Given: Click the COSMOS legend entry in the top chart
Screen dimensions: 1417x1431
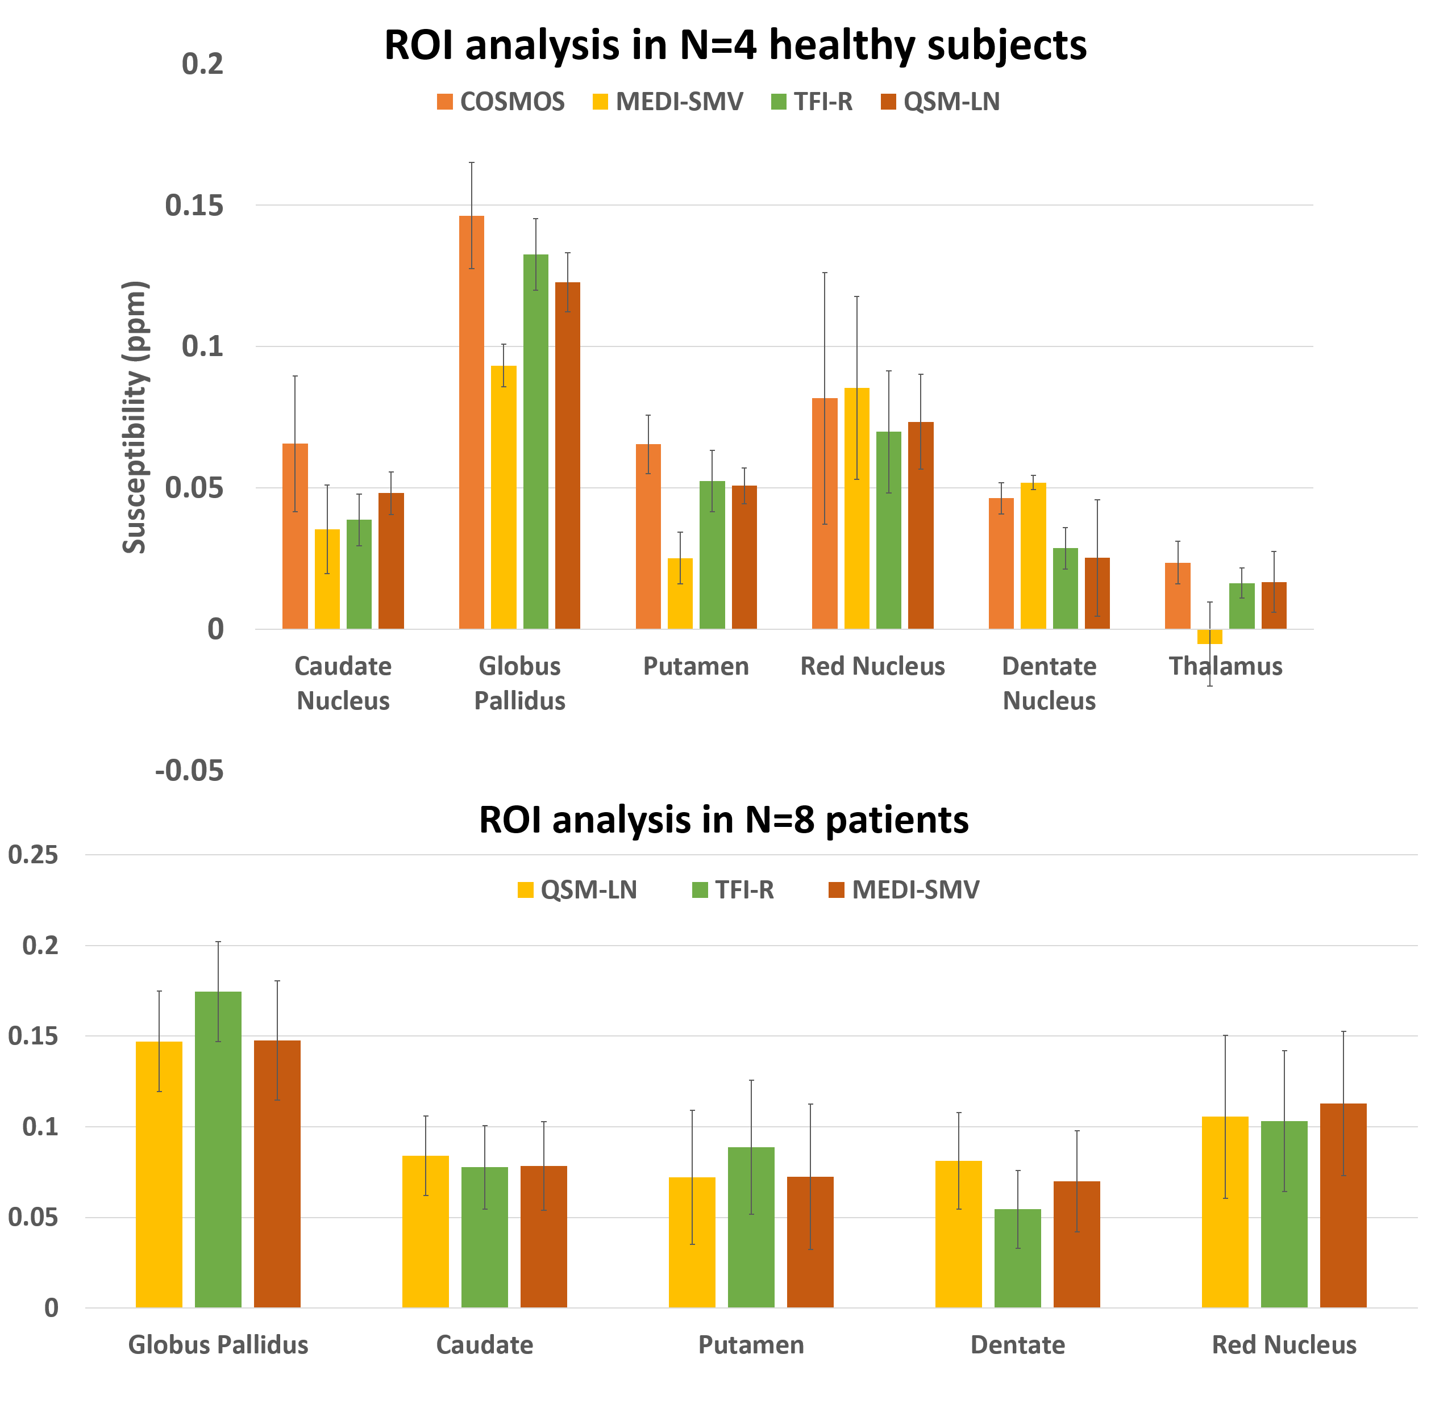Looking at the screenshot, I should coord(501,102).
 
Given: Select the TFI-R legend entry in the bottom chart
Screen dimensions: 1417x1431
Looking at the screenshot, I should coord(733,889).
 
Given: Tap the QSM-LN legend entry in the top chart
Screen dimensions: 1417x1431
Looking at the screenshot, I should coord(941,102).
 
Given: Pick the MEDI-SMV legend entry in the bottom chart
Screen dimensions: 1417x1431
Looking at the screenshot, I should coord(904,889).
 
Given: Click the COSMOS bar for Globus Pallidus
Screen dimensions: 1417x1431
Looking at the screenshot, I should coord(471,422).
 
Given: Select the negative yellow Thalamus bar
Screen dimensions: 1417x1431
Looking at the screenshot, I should coord(1209,637).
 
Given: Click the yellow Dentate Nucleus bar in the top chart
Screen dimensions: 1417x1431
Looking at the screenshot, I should coord(1033,555).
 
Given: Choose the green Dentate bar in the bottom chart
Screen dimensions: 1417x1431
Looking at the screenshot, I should coord(1018,1258).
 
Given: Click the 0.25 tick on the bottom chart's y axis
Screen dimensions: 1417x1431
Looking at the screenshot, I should coord(32,855).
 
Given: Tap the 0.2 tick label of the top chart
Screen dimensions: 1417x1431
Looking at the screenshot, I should coord(202,64).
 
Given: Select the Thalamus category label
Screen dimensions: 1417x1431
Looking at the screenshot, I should coord(1225,666).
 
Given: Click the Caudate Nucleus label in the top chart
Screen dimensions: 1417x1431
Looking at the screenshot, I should coord(343,683).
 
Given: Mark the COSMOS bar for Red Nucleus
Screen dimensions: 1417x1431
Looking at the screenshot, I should coord(825,513).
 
